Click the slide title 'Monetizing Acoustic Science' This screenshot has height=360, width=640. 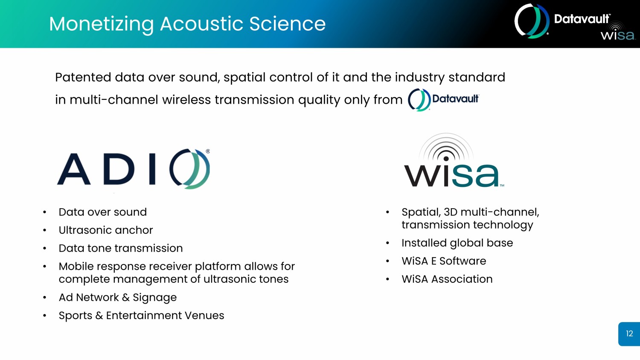click(187, 24)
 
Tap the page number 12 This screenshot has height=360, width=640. click(629, 334)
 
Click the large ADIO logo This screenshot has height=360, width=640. click(134, 168)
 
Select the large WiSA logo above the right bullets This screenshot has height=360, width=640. click(454, 160)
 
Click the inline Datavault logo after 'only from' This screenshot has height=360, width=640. click(443, 100)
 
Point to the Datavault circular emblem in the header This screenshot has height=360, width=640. click(532, 21)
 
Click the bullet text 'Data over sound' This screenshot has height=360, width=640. click(102, 212)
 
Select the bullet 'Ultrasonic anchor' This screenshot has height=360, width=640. click(106, 230)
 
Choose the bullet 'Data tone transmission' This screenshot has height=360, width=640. click(121, 248)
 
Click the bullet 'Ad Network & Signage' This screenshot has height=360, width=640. click(118, 298)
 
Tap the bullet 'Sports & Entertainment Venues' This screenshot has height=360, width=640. click(141, 316)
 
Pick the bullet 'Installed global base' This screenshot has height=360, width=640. click(457, 243)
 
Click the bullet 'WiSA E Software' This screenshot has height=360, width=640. click(444, 261)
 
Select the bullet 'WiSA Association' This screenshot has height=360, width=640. click(447, 279)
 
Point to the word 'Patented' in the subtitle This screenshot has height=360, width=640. click(83, 78)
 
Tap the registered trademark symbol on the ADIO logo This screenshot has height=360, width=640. click(208, 151)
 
